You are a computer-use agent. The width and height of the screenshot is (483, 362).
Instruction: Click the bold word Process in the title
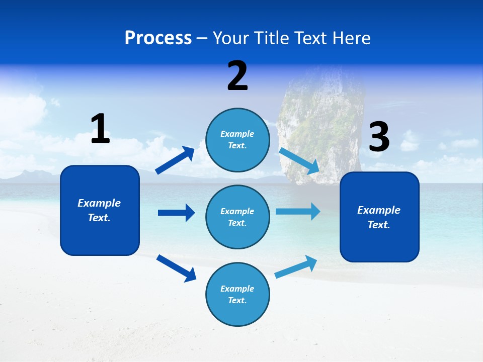pyautogui.click(x=158, y=38)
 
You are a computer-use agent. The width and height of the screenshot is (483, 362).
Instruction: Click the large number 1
pyautogui.click(x=100, y=129)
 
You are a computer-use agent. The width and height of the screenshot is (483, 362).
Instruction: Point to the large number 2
pyautogui.click(x=237, y=76)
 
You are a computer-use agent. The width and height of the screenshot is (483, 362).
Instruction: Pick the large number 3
pyautogui.click(x=379, y=137)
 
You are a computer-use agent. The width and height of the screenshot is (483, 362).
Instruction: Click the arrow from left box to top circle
pyautogui.click(x=175, y=160)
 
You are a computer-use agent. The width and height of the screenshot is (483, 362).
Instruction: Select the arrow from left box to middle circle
pyautogui.click(x=176, y=213)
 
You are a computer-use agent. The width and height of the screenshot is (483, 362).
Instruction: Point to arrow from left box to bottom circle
pyautogui.click(x=176, y=268)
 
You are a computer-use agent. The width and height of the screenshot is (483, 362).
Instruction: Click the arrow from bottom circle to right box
pyautogui.click(x=296, y=266)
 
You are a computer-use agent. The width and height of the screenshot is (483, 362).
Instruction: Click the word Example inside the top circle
pyautogui.click(x=237, y=134)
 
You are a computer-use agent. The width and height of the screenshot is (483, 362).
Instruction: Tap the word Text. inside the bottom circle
pyautogui.click(x=237, y=300)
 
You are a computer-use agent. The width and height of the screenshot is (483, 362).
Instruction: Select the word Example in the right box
pyautogui.click(x=379, y=210)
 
